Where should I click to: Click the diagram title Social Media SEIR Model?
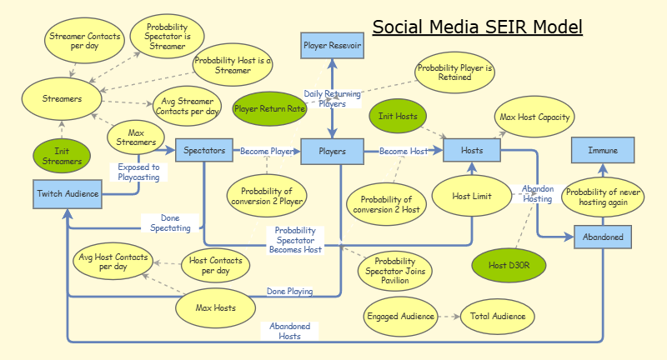click(477, 27)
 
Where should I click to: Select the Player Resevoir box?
click(332, 46)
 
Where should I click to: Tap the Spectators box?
click(203, 151)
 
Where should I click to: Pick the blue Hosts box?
click(471, 150)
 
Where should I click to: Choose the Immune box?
click(603, 151)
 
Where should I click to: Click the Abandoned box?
click(603, 237)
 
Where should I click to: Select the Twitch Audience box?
click(68, 194)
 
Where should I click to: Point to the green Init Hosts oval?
click(398, 117)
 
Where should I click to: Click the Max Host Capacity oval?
click(534, 117)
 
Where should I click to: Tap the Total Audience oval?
click(497, 317)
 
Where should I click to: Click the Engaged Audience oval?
click(400, 317)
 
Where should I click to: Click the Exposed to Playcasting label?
click(138, 172)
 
